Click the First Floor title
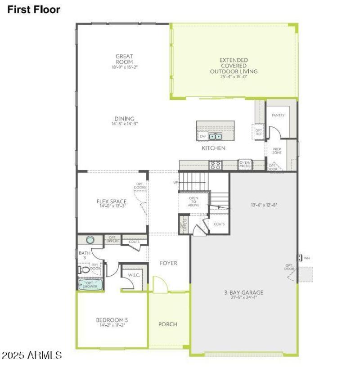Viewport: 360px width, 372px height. point(33,9)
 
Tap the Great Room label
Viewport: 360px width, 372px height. point(124,59)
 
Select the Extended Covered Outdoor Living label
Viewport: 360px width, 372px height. point(234,66)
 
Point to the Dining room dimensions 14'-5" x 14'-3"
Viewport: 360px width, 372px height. point(124,124)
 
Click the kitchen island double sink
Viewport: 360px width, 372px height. point(215,136)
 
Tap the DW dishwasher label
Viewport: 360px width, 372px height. point(202,136)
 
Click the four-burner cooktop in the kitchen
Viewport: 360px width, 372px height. point(215,165)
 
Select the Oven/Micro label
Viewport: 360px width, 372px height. point(245,165)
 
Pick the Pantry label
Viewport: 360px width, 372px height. point(279,116)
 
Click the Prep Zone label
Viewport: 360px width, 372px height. point(277,151)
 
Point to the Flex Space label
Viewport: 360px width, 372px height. point(111,202)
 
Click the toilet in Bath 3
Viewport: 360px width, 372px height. point(84,270)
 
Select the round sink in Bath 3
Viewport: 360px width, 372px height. point(89,240)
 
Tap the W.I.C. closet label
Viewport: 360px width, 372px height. point(133,275)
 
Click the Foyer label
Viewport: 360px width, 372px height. point(168,263)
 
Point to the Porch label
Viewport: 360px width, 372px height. point(168,324)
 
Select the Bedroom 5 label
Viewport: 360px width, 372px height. point(112,320)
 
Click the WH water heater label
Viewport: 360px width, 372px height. point(307,258)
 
